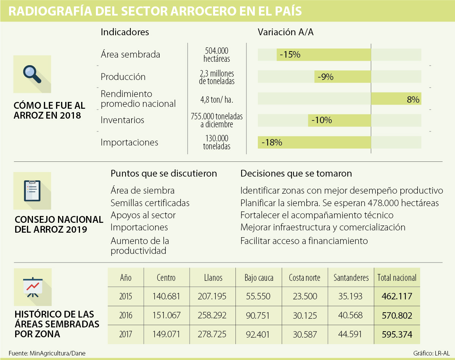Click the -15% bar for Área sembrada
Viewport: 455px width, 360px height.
point(323,55)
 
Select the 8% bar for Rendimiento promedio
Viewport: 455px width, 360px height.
point(396,99)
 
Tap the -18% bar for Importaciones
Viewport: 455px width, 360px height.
point(314,142)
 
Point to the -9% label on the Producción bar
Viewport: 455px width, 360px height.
point(326,77)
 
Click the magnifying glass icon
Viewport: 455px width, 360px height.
point(32,74)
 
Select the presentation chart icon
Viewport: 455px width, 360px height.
point(32,286)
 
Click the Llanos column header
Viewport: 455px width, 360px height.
point(213,278)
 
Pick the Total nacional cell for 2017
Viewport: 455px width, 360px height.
point(397,335)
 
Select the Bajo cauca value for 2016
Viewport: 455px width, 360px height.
point(259,315)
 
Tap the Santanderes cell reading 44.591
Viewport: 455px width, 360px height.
point(351,335)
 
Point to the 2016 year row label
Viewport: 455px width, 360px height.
point(126,315)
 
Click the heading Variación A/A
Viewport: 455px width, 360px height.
point(286,32)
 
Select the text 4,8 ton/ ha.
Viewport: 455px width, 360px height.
point(217,100)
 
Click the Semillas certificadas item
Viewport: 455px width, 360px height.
point(150,203)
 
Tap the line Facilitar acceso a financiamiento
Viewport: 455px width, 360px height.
point(304,241)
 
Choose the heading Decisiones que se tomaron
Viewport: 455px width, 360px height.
point(296,174)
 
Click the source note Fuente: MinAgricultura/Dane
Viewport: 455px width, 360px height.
point(47,353)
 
